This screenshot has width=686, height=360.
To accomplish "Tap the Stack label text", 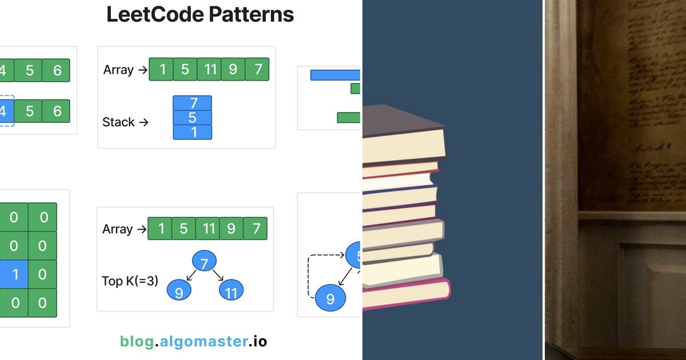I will tap(118, 122).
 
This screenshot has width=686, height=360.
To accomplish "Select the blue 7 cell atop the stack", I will tap(193, 103).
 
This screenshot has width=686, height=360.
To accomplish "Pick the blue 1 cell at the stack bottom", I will tap(193, 132).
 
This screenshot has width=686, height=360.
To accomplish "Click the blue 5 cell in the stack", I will tap(193, 118).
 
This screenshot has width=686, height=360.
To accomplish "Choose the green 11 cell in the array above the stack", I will tap(209, 70).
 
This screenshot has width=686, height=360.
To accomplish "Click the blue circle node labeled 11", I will tap(231, 291).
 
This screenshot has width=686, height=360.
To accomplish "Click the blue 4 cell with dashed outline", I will tap(5, 111).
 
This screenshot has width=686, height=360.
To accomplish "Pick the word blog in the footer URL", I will tap(137, 341).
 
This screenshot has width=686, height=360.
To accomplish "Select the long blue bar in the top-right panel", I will tap(336, 75).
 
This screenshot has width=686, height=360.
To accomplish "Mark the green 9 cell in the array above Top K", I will tap(231, 229).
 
